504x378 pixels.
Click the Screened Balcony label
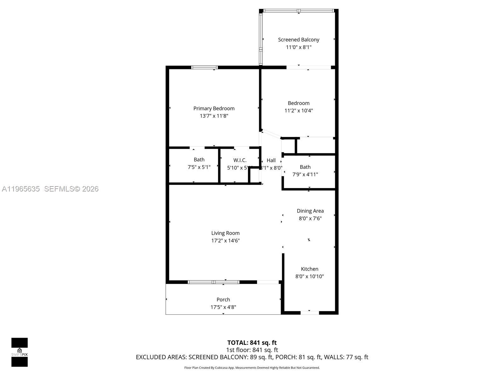299,40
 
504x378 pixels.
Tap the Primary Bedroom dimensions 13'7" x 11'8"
214,116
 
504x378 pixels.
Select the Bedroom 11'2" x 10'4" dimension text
299,111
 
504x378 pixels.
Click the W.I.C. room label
240,160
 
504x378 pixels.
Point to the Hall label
271,160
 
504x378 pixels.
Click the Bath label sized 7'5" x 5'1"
199,160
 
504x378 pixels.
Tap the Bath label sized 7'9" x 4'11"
305,167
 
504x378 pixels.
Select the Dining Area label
310,211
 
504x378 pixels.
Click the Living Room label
225,233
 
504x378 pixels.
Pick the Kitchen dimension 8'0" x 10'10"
309,277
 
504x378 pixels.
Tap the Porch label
223,300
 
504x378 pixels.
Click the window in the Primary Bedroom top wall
204,67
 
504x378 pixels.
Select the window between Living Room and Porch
214,282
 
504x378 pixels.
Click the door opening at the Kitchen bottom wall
310,313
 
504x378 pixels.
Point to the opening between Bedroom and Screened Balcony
308,67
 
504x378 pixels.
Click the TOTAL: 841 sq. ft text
252,343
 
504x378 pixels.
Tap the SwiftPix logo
20,352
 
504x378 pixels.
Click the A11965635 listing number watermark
21,189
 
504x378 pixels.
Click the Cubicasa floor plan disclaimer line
252,368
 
